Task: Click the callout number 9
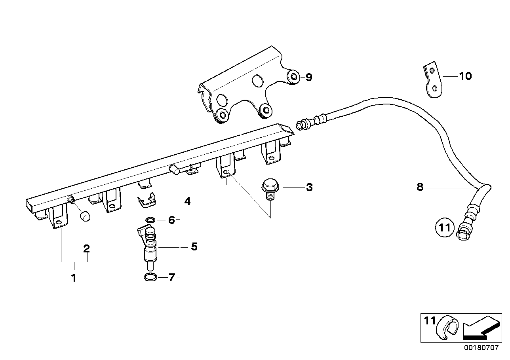[x=308, y=78]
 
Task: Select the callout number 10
[x=465, y=76]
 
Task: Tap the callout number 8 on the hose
[x=420, y=187]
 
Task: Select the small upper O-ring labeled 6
[x=150, y=220]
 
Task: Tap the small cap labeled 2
[x=85, y=217]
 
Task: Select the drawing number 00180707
[x=481, y=349]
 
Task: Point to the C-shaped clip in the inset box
[x=446, y=327]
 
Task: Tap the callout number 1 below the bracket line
[x=74, y=278]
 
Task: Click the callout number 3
[x=309, y=187]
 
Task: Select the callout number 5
[x=194, y=247]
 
